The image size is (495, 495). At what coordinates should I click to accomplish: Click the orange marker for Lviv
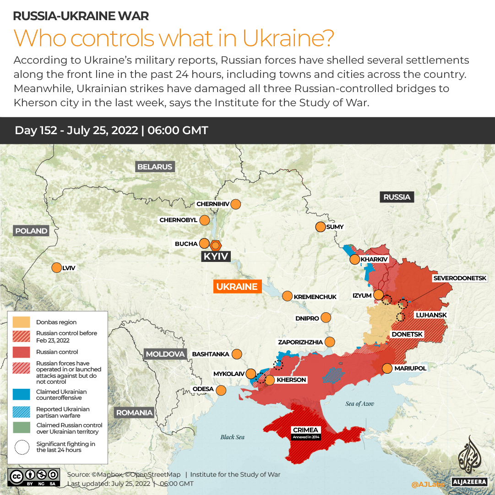coord(56,268)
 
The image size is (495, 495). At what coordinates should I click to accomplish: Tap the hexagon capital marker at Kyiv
coord(216,245)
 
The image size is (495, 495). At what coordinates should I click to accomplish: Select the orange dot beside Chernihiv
coord(236,204)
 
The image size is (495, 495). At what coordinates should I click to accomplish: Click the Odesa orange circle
coord(221,390)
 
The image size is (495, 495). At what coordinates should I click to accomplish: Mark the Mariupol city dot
coord(387,368)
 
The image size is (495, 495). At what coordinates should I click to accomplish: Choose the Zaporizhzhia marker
coord(330,342)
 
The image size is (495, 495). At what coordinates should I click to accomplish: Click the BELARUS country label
coord(155,167)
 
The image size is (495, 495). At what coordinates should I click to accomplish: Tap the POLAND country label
coord(31,231)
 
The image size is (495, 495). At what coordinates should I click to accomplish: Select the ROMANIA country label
coord(134,413)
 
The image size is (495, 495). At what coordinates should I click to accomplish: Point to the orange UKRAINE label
coord(237,287)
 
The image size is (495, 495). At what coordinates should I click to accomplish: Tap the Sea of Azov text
coord(360,403)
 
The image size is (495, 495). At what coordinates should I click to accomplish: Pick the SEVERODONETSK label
coord(463,278)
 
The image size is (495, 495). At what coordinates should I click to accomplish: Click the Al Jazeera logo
coord(469,460)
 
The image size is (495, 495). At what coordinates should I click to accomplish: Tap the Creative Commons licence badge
coord(33,477)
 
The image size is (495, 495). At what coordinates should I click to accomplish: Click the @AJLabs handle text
coord(427,484)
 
